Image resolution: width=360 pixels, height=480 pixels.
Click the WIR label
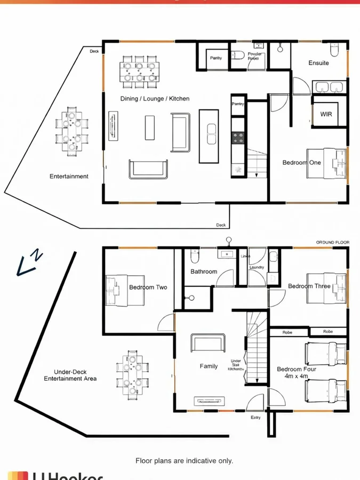(x=326, y=114)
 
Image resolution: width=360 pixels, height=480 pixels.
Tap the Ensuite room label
(x=319, y=63)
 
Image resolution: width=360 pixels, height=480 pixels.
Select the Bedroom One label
(x=302, y=163)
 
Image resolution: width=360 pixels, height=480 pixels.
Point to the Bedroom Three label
(x=309, y=286)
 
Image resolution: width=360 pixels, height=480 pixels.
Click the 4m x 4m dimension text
(x=297, y=377)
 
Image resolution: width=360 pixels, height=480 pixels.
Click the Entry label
(x=255, y=418)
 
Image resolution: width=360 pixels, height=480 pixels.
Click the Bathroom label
(x=204, y=272)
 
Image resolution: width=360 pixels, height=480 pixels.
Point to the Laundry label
(x=257, y=267)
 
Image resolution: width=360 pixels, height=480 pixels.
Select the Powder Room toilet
(x=238, y=55)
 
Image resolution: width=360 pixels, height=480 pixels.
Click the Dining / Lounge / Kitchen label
(x=155, y=99)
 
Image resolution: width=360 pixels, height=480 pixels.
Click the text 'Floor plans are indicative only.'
(x=184, y=460)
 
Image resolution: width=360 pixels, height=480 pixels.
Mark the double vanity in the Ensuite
(x=329, y=87)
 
